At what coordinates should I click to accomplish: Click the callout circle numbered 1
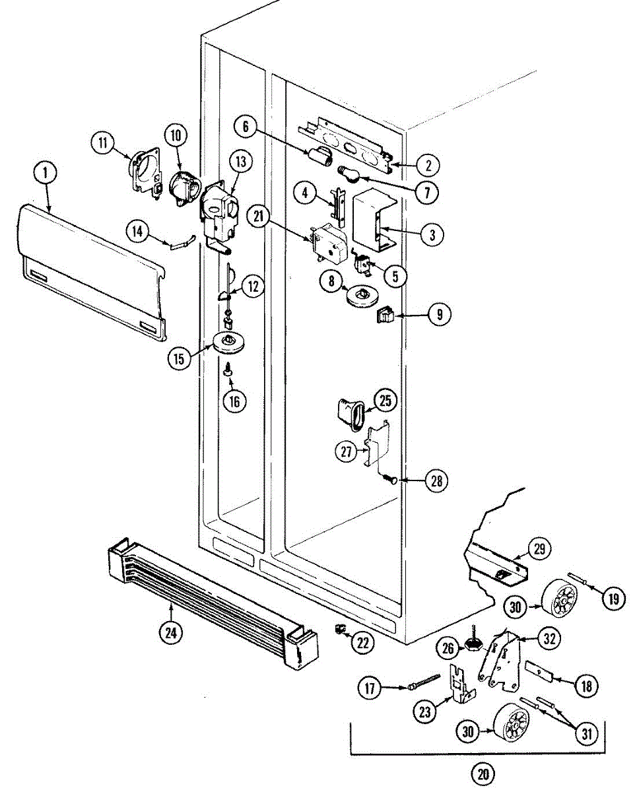[x=45, y=174]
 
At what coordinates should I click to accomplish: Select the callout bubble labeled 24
[x=171, y=632]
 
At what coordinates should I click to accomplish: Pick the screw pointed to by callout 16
[x=228, y=371]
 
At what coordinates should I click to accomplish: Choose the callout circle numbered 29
[x=539, y=550]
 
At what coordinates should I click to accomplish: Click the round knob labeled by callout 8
[x=360, y=295]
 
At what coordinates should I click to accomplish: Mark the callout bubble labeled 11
[x=103, y=143]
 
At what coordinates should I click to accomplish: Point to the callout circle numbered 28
[x=436, y=481]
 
